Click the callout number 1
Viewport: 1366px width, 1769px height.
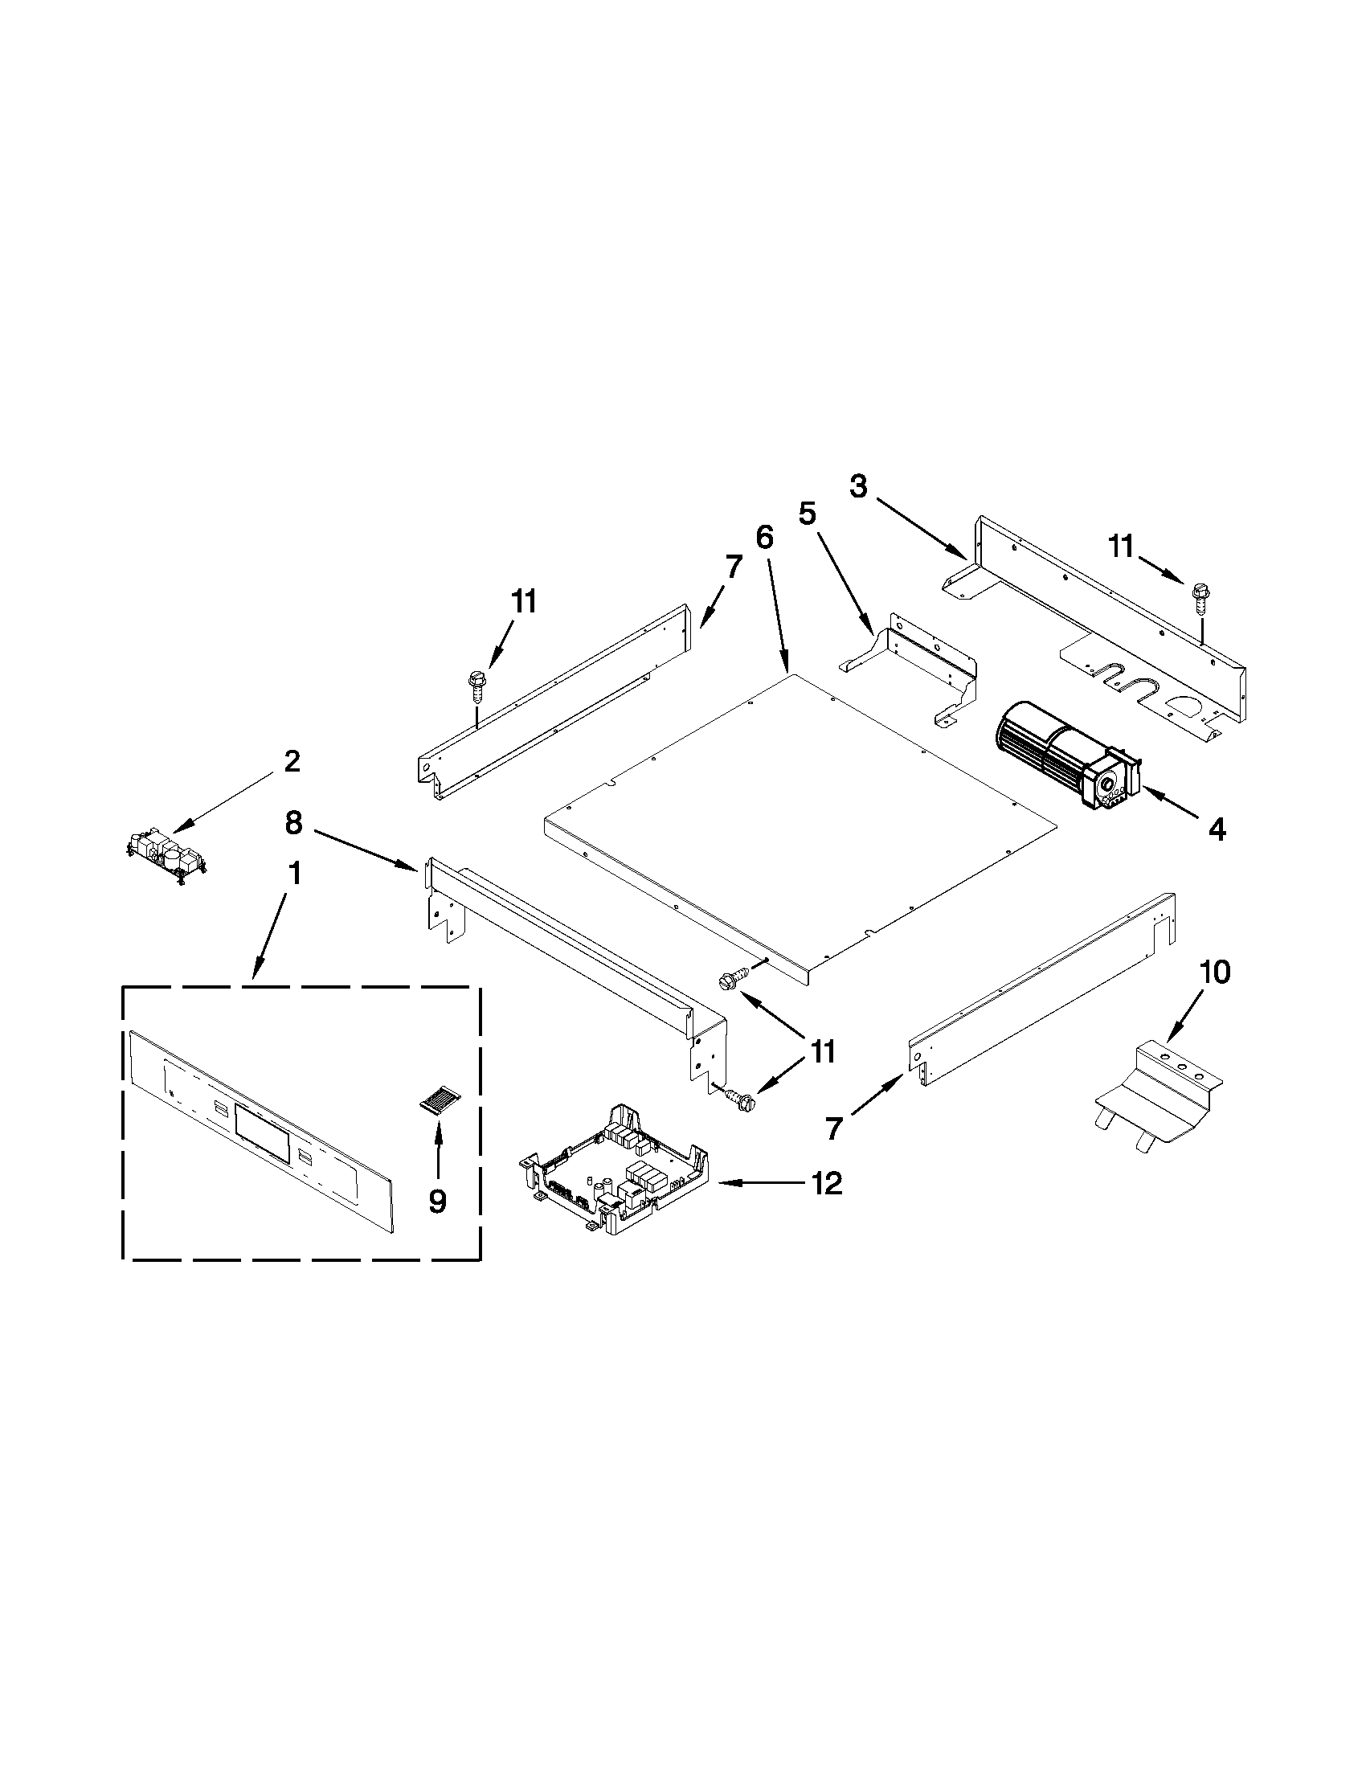click(294, 874)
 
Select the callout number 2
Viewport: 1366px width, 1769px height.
click(292, 761)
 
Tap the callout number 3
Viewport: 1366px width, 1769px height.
click(858, 487)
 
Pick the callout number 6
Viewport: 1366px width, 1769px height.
click(764, 537)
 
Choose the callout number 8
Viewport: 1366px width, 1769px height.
click(293, 824)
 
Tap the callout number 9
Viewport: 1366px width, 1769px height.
click(437, 1202)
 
